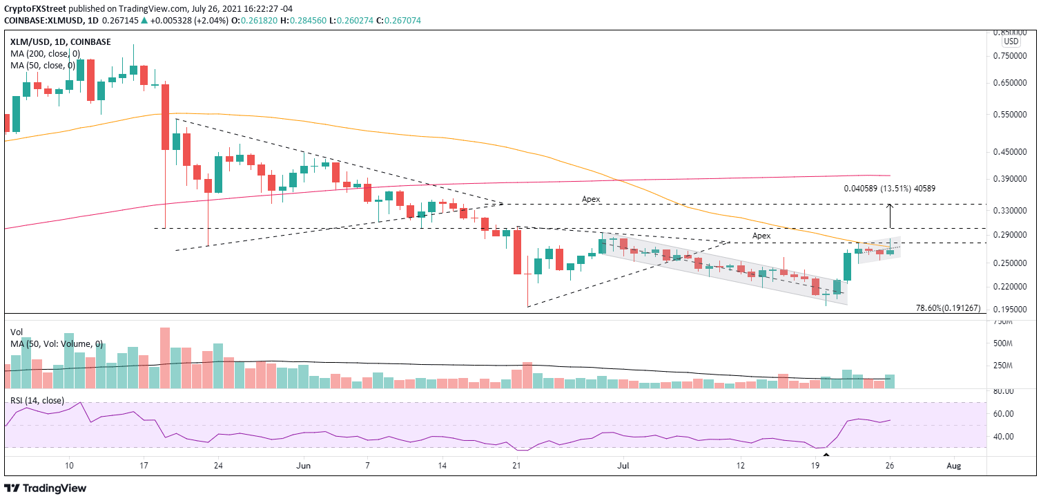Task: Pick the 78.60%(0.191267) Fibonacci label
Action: [948, 308]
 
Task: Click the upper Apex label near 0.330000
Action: [591, 198]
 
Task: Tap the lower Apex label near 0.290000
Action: [761, 236]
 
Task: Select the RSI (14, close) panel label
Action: [37, 400]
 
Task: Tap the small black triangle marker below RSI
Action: [826, 454]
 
